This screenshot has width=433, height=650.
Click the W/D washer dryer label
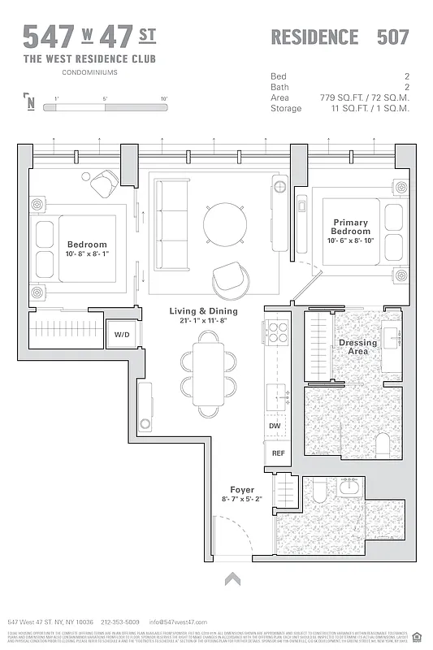click(x=121, y=334)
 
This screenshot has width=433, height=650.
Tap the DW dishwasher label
click(x=275, y=425)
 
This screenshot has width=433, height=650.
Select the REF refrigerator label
click(x=277, y=453)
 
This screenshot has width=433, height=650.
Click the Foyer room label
click(x=242, y=489)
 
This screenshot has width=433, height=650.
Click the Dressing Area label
click(x=358, y=347)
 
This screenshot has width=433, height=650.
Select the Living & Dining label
click(x=203, y=311)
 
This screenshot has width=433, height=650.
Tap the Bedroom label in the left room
click(x=87, y=244)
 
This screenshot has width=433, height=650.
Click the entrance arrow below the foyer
click(x=233, y=578)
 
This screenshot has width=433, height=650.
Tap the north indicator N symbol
click(x=30, y=102)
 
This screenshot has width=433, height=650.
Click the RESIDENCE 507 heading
click(x=339, y=37)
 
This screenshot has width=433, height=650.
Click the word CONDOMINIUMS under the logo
click(x=89, y=71)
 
